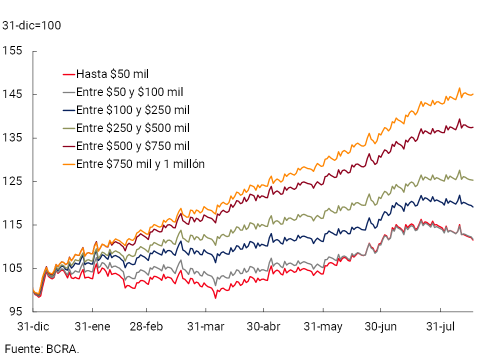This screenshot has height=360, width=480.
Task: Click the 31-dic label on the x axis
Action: tap(33, 327)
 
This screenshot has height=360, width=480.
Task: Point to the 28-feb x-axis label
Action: tap(146, 327)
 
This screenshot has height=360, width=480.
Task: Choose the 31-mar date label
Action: tap(206, 327)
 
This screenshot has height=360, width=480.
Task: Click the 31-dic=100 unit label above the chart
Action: tap(32, 25)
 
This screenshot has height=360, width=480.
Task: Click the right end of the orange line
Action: tap(473, 94)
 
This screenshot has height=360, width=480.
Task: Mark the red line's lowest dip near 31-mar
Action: tap(215, 298)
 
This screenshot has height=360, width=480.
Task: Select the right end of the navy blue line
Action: tap(473, 206)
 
